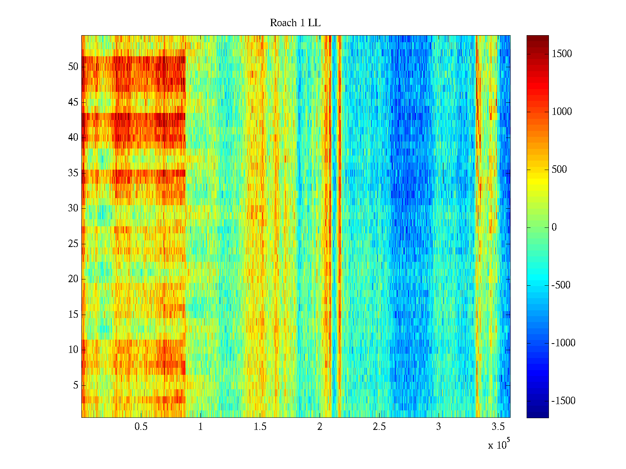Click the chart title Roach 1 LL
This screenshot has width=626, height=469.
[x=295, y=23]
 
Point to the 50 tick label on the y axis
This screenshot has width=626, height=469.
[x=73, y=67]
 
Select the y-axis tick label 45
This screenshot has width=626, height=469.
[x=73, y=102]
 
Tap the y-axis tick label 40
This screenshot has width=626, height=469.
[x=73, y=138]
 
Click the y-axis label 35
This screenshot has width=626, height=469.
[x=73, y=173]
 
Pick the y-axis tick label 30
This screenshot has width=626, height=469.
[x=73, y=208]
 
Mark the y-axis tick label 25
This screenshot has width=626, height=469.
[x=73, y=244]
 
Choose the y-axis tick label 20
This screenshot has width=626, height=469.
[x=73, y=279]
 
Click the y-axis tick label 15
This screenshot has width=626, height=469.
[x=73, y=315]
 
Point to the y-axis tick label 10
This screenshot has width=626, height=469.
[x=73, y=350]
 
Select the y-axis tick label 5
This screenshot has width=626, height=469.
[x=76, y=385]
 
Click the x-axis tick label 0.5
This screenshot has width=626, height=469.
[x=141, y=427]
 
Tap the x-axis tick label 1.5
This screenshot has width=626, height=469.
[x=260, y=427]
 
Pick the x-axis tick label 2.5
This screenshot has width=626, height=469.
[x=379, y=427]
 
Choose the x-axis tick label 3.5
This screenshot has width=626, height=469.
[x=498, y=427]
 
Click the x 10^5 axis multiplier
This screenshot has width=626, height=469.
[x=498, y=445]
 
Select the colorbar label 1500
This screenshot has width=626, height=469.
[x=562, y=54]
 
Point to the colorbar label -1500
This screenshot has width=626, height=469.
[x=563, y=401]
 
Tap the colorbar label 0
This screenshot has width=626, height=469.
[x=554, y=227]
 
